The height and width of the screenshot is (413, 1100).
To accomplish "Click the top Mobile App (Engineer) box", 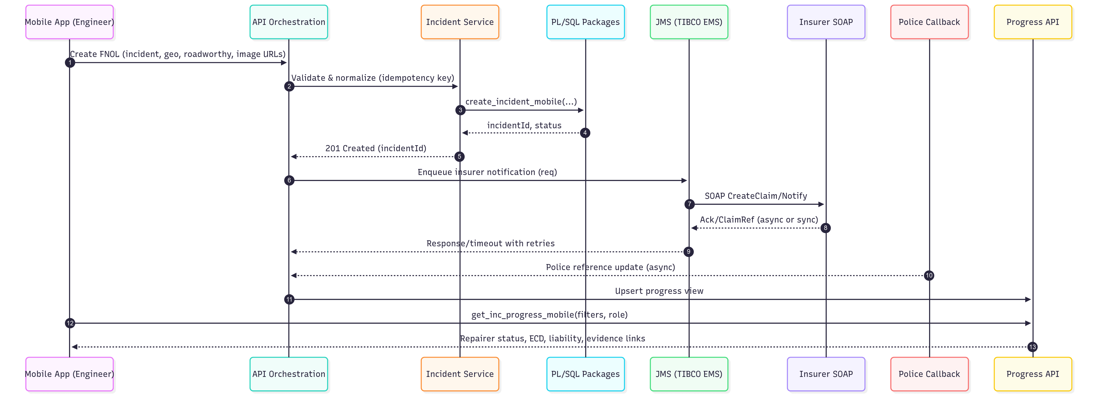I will click(70, 22).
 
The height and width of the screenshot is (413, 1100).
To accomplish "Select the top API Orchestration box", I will click(289, 22).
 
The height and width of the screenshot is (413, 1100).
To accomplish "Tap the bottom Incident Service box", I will click(459, 374).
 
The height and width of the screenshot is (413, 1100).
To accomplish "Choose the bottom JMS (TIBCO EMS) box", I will click(688, 374).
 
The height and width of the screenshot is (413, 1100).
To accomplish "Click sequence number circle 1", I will click(70, 63).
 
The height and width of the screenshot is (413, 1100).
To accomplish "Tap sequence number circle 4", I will click(585, 133).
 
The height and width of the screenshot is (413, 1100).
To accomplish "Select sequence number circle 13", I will click(1032, 347).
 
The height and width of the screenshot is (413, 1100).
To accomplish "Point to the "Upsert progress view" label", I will click(659, 291).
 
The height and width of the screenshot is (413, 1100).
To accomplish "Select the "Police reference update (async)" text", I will click(610, 267).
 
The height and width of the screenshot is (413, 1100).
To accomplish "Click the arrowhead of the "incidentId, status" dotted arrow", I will click(465, 133).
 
